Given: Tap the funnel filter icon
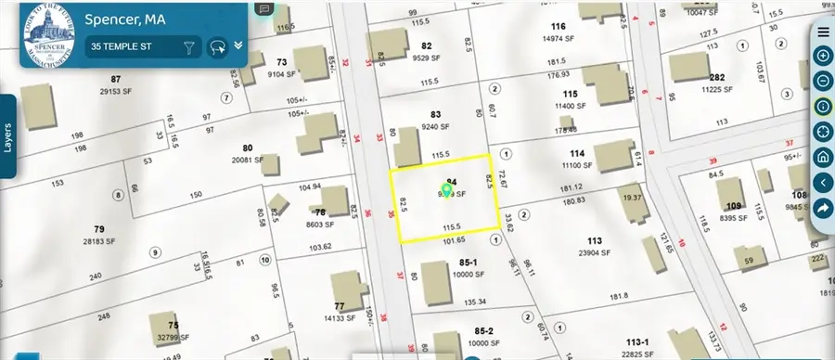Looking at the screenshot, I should coord(189,46).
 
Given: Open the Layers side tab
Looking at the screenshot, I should coord(9,135).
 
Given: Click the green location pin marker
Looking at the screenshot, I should coord(446,191).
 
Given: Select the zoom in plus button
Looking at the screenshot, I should coord(823,57).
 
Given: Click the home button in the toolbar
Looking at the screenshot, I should coord(823,157).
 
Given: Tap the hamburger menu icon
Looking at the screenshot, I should coord(823,32).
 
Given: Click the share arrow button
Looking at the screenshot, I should coord(823,208).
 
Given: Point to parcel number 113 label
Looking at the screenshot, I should coord(595,241).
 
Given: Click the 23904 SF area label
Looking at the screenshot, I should coord(595,252).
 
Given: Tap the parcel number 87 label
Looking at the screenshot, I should coord(116,80).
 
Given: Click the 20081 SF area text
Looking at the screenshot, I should coord(248,160).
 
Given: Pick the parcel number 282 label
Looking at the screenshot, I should coord(717,78).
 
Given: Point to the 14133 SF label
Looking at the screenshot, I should coord(340,318).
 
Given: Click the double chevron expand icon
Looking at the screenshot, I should coord(238,45).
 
